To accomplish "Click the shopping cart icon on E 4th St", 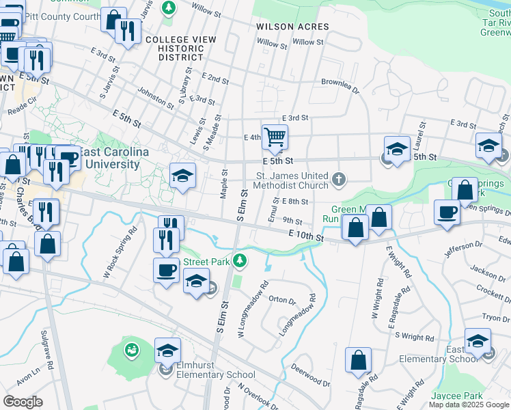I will point(275,136).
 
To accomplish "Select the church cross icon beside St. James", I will point(338,180).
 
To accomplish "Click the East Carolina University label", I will point(109,158).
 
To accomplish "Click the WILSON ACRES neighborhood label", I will point(292,27).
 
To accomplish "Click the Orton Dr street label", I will point(282,299).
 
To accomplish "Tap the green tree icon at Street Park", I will point(239,260).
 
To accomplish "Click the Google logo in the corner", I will point(23,402).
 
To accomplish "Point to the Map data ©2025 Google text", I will point(469,405).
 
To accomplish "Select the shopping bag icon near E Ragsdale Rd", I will point(358,360).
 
